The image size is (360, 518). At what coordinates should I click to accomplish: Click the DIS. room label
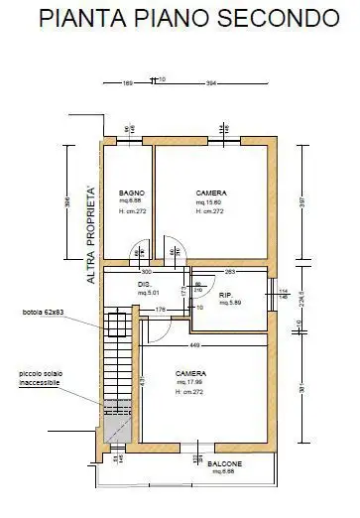145,285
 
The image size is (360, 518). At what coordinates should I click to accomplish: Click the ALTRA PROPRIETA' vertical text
91,234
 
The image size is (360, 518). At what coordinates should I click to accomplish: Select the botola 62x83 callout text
44,314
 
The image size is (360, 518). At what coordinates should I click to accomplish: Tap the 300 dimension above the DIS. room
145,270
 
